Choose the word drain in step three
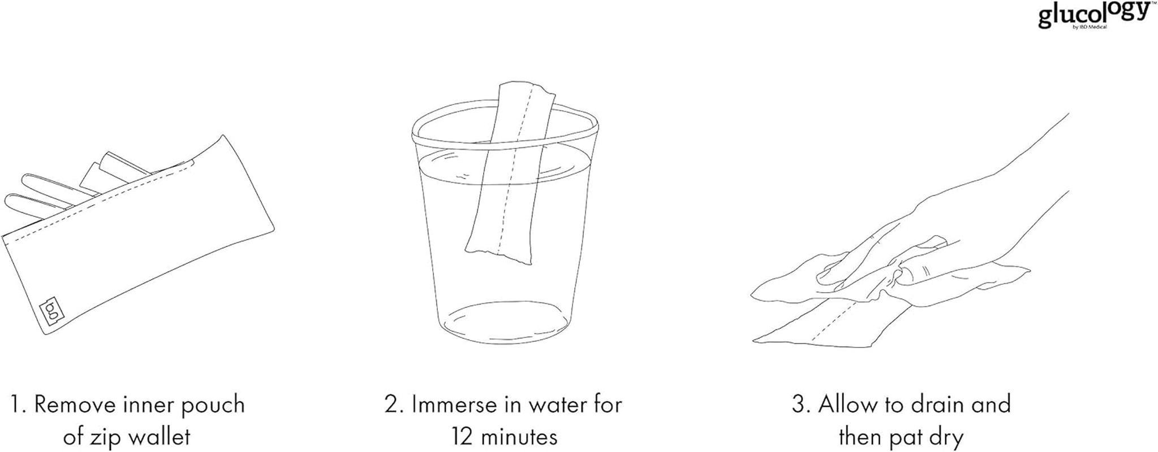[x=932, y=405]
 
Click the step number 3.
[x=798, y=405]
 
